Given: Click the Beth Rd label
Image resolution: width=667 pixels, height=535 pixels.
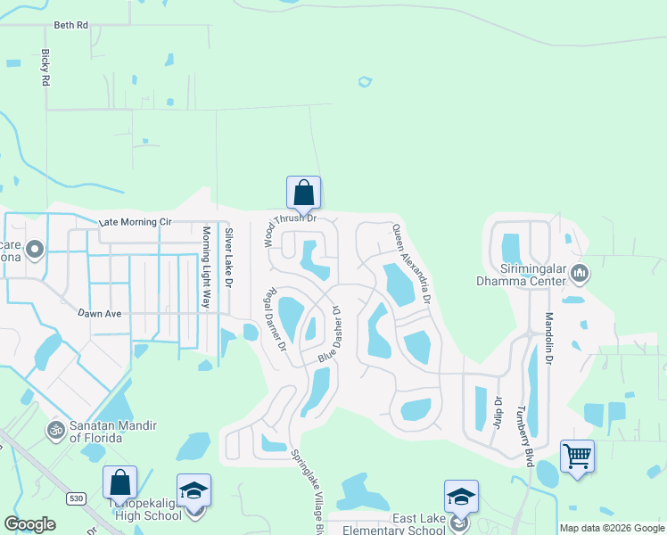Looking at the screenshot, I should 71,25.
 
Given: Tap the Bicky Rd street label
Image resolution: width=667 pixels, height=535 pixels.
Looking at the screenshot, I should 45,67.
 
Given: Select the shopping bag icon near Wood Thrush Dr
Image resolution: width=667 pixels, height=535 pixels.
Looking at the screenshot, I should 303,192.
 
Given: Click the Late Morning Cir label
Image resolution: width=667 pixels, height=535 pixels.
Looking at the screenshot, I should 134,221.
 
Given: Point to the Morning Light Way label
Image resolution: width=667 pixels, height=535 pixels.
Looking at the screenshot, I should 206,267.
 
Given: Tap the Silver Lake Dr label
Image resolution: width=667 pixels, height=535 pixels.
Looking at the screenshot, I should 228,258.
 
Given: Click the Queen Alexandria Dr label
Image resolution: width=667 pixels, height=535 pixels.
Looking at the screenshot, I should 412,264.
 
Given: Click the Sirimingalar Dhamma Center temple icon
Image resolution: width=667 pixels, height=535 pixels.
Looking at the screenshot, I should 580,271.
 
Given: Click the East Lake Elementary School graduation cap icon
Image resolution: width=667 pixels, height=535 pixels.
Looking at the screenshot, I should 461,496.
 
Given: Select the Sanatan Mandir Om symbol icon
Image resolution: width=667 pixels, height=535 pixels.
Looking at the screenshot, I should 55,430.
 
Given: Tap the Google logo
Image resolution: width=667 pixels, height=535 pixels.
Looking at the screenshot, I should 30,523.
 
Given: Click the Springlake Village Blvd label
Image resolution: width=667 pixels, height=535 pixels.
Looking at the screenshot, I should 307,490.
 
